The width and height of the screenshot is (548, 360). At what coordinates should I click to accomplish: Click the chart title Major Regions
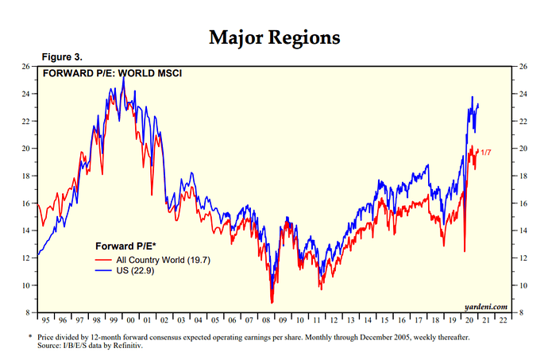point(274,37)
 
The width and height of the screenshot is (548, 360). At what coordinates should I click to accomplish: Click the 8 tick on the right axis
point(521,313)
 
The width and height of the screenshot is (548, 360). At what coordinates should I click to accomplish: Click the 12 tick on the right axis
point(522,258)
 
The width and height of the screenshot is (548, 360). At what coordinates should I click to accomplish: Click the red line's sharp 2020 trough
point(464,251)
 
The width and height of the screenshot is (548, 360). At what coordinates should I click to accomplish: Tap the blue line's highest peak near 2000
point(123,78)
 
